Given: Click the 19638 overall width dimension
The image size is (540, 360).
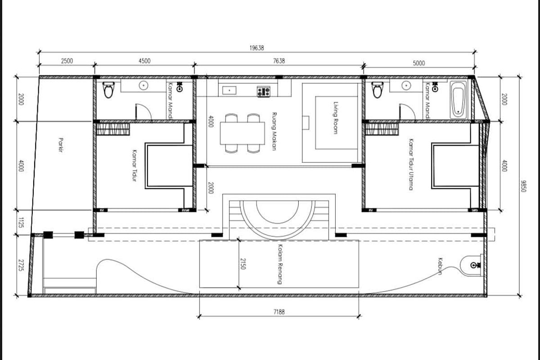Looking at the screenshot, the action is coord(256,48).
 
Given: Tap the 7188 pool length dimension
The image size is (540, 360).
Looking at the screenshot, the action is coord(279,312).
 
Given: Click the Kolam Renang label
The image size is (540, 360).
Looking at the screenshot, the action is coord(280,264).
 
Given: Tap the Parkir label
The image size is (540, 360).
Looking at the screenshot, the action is coord(61,145).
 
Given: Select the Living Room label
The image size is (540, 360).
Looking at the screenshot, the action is coord(335,117).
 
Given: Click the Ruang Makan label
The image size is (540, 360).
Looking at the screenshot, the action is coord(274,131).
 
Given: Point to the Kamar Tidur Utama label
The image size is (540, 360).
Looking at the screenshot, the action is coord(411,164).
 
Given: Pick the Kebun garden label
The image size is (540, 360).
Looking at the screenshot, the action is coord(440,266).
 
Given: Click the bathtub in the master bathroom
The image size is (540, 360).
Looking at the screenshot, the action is coord(458,100).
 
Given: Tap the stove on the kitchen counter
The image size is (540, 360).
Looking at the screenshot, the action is coord(264,92).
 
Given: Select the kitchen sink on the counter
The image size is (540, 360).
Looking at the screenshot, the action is coord(229,90).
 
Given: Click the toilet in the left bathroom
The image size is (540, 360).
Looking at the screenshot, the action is coord(108,90).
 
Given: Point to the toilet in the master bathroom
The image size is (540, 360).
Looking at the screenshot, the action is coord(378,90).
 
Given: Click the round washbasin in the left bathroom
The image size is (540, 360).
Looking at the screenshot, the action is coord(144,85).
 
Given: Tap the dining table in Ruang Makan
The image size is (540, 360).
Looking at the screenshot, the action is coord(242,133).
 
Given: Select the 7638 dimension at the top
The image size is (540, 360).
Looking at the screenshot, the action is coord(279,61).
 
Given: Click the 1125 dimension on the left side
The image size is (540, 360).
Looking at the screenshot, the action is coord(21,223).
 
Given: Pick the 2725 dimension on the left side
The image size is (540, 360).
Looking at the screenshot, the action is coord(21,265).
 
